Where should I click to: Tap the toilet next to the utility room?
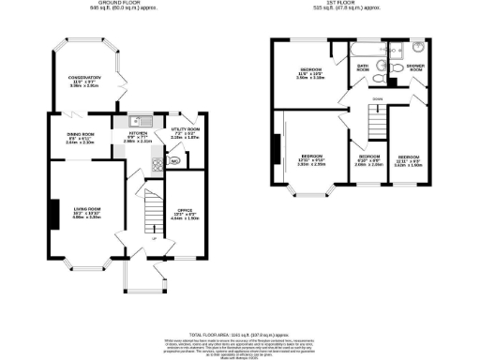pos(174,160)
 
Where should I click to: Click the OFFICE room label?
pos(184,210)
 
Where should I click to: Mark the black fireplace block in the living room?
pos(53,212)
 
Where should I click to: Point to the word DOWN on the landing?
pos(376,97)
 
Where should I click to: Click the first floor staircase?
pos(376,120)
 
